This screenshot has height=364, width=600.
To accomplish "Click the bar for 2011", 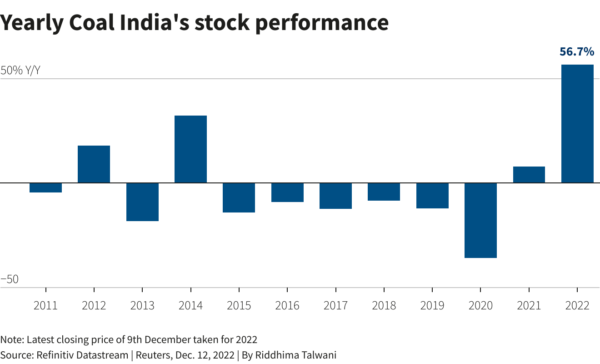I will [x=46, y=188].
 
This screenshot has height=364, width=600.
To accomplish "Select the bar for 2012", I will [x=94, y=164].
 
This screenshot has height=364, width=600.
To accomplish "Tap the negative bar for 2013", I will [x=142, y=202].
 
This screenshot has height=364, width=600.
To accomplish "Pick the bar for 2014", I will [x=191, y=149].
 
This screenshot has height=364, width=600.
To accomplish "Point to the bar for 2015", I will [x=239, y=197].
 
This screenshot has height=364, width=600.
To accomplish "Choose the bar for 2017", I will [x=335, y=196].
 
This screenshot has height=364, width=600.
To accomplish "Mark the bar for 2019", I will [x=432, y=196].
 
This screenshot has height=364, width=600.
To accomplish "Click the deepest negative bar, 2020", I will [x=480, y=220].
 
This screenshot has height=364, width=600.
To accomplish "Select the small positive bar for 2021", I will [x=529, y=175].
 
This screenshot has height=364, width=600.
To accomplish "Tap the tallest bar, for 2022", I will [x=577, y=124].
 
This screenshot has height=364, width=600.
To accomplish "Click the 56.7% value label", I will [x=577, y=52].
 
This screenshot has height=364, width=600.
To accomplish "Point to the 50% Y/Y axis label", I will [x=20, y=71].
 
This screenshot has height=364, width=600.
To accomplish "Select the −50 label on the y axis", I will [x=10, y=279].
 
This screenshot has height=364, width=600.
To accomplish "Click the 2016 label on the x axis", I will [x=287, y=305].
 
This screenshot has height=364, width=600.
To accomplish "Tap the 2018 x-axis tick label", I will [x=384, y=305].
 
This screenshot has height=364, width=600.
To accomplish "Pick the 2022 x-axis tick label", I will [x=577, y=305].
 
